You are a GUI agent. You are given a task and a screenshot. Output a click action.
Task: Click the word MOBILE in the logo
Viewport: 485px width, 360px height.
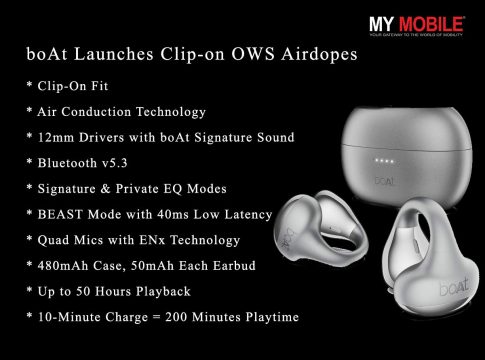(431, 24)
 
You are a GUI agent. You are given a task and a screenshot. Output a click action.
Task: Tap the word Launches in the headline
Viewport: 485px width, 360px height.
(113, 54)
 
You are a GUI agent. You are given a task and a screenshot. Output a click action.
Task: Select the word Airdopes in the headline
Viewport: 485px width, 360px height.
(319, 55)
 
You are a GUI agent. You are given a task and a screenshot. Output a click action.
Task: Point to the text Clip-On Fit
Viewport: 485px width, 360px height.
(73, 86)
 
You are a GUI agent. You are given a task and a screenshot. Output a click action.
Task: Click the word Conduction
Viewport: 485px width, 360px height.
(96, 112)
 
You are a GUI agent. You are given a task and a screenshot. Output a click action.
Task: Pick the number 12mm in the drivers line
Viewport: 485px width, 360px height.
(56, 137)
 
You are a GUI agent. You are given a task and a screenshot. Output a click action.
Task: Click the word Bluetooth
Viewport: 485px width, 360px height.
(67, 163)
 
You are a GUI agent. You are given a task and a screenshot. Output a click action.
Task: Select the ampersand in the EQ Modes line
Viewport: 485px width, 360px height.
(105, 189)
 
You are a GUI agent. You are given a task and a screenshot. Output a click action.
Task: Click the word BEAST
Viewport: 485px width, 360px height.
(60, 214)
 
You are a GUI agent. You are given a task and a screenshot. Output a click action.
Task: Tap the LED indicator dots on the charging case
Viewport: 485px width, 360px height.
(384, 161)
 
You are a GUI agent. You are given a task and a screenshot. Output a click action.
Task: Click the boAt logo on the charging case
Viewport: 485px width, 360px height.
(384, 181)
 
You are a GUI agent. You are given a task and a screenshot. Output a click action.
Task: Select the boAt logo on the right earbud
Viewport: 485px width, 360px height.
(454, 286)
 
